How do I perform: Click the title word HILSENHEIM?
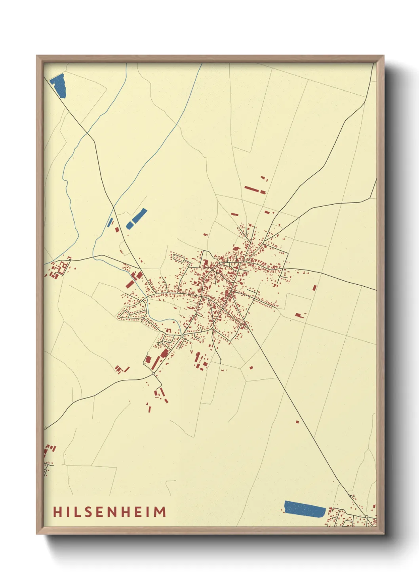[109, 512]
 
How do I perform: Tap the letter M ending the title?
[160, 512]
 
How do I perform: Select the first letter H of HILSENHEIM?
[58, 512]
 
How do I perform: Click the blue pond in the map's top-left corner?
[59, 85]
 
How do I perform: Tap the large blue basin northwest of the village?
[137, 219]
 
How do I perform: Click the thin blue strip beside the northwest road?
[110, 222]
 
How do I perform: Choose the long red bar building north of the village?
[251, 189]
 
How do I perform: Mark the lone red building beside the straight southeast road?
[297, 422]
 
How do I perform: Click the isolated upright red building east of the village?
[314, 288]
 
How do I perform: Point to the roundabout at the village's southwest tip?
[154, 373]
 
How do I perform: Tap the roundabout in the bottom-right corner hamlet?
[367, 517]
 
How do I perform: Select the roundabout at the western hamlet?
[70, 260]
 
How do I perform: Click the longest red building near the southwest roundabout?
[156, 362]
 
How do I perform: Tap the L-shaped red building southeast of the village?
[300, 316]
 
